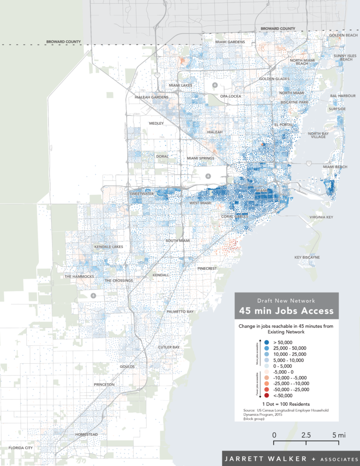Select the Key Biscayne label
(307, 257)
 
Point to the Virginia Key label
(321, 218)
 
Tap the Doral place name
(162, 156)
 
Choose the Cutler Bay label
(169, 347)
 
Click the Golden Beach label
(343, 35)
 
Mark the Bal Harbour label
(343, 96)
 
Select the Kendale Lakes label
(108, 247)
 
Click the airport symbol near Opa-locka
(215, 85)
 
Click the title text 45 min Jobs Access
(286, 311)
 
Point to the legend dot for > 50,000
(266, 342)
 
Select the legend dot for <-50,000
(266, 395)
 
